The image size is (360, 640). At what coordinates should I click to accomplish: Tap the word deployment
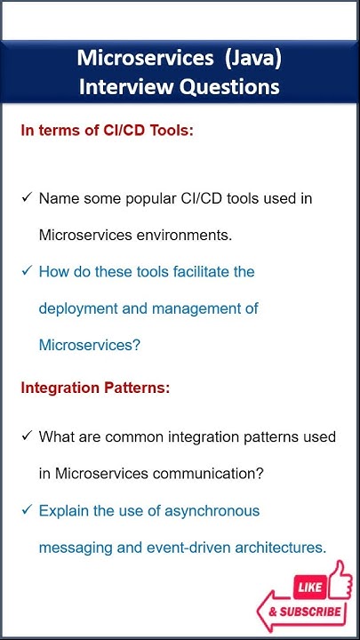[x=79, y=308]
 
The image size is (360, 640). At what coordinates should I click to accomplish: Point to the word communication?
[x=204, y=474]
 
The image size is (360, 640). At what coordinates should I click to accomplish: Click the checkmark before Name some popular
[x=27, y=197]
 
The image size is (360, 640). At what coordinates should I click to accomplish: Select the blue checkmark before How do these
[x=27, y=270]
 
